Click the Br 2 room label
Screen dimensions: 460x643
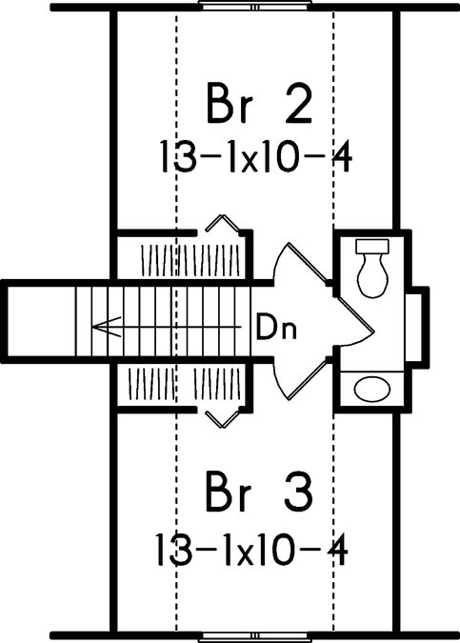pyautogui.click(x=259, y=103)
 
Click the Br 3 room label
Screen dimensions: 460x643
pyautogui.click(x=259, y=492)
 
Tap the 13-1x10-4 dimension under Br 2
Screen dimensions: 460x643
pyautogui.click(x=255, y=157)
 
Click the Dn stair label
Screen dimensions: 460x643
pyautogui.click(x=276, y=327)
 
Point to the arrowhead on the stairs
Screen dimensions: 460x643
pyautogui.click(x=107, y=327)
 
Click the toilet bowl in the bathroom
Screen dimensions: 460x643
pyautogui.click(x=372, y=275)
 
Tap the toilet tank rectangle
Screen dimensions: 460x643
pyautogui.click(x=372, y=246)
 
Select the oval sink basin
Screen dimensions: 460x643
pyautogui.click(x=371, y=389)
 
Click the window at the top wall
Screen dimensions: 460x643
pyautogui.click(x=254, y=6)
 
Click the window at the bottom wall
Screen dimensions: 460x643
pyautogui.click(x=254, y=637)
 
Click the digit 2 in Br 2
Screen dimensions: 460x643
pyautogui.click(x=299, y=103)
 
